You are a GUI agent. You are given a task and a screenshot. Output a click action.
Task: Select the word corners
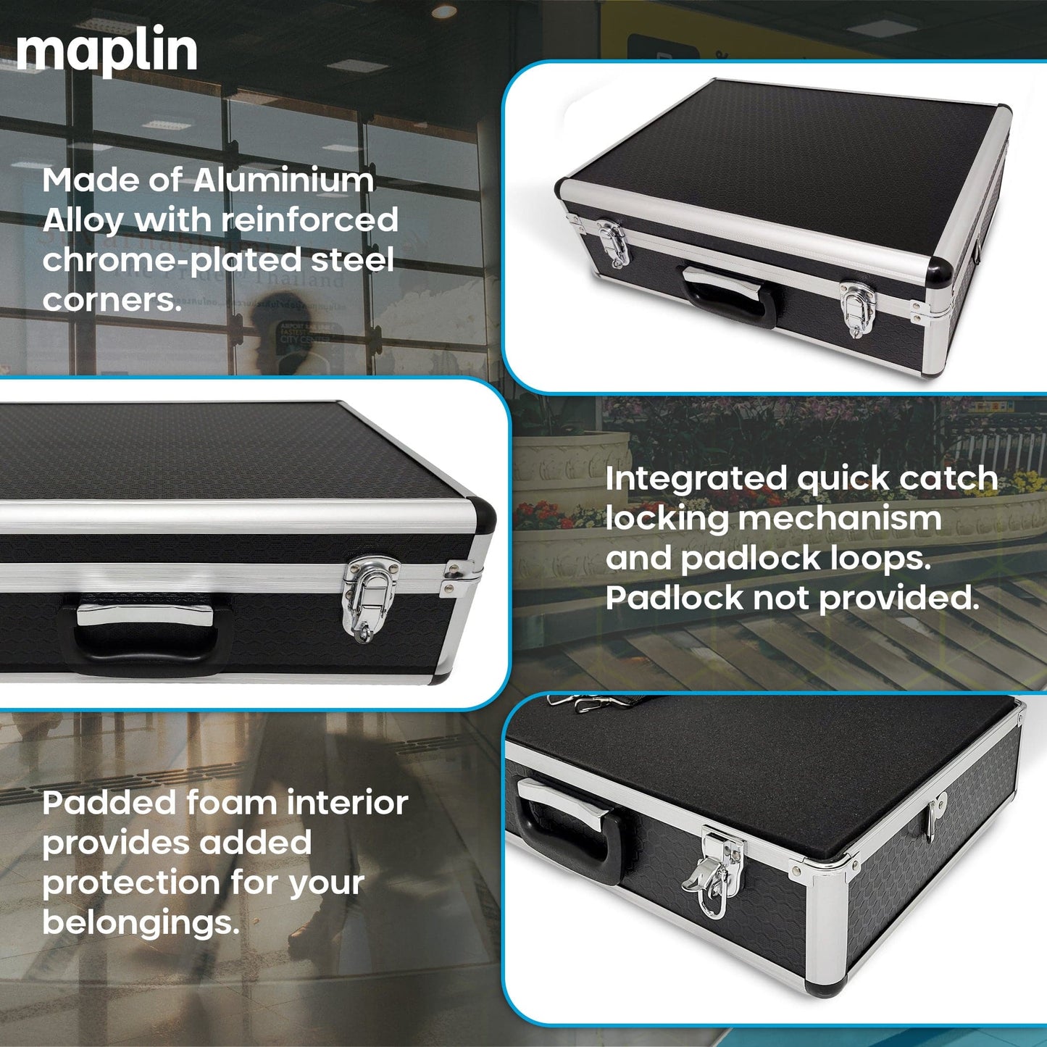111,300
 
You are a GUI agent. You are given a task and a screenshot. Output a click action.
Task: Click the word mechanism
840,519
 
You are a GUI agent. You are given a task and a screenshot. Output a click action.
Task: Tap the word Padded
109,804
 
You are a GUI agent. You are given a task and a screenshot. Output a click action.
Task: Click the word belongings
140,923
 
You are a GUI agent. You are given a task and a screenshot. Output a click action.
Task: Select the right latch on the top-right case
858,307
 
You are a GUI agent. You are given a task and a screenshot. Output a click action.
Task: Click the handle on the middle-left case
145,631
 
